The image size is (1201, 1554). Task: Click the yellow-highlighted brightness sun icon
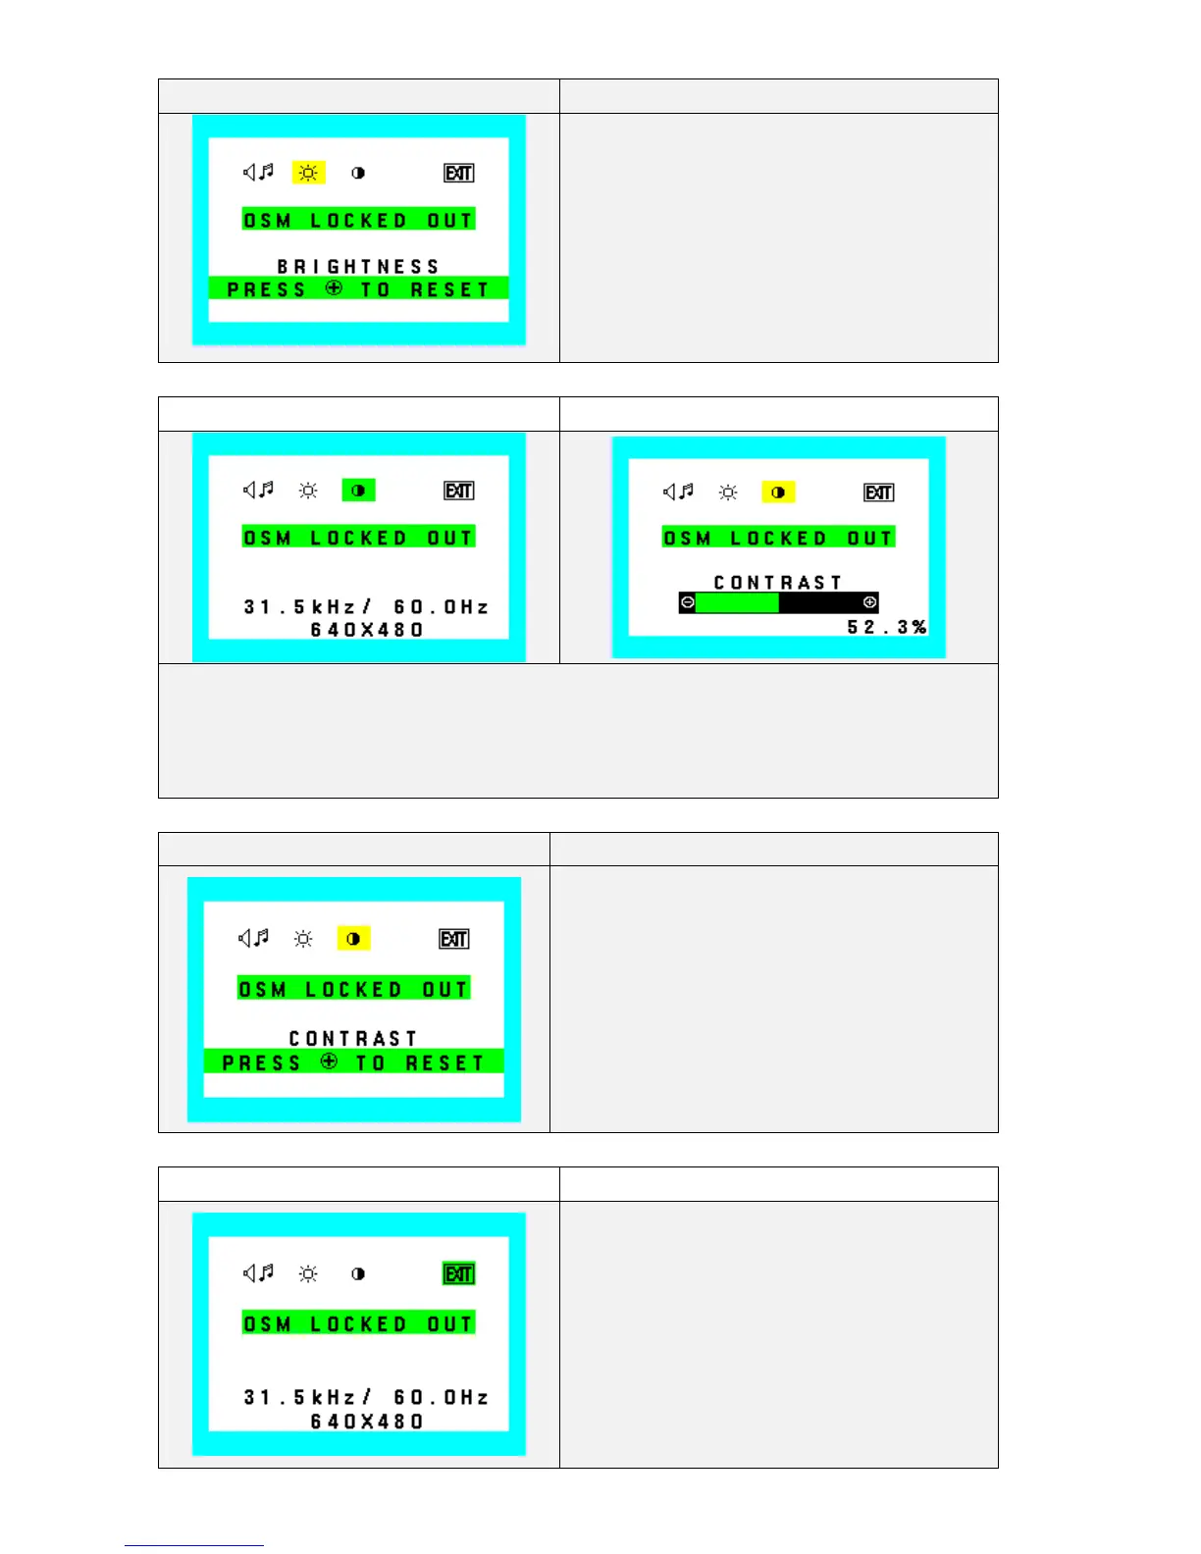(308, 174)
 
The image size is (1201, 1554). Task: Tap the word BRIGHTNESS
(358, 267)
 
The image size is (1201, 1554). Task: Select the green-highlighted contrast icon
(358, 491)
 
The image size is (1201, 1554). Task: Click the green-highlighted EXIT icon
(459, 1273)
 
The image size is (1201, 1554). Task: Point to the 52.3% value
(887, 627)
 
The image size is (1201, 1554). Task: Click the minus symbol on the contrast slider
(687, 602)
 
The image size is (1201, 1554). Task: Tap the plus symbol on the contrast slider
(869, 602)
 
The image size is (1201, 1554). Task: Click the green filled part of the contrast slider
(737, 602)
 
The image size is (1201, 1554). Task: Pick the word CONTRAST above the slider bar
(778, 583)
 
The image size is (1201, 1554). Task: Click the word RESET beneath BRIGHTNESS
(449, 290)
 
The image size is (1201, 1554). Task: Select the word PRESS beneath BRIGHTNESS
(267, 290)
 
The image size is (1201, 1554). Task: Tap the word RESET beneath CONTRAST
(444, 1063)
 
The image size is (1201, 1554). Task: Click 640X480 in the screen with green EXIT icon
(367, 1422)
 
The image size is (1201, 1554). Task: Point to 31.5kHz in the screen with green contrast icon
(299, 607)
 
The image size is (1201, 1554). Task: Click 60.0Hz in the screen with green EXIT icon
(441, 1397)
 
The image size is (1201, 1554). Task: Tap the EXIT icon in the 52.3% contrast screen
(878, 492)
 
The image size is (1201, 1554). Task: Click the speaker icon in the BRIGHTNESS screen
(258, 173)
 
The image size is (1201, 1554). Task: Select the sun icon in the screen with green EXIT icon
(308, 1273)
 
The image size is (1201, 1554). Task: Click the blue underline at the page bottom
(194, 1545)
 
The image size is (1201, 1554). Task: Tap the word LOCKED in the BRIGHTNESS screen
(358, 221)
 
